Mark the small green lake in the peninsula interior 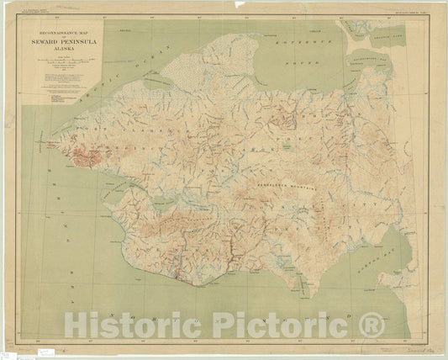[287, 145]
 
